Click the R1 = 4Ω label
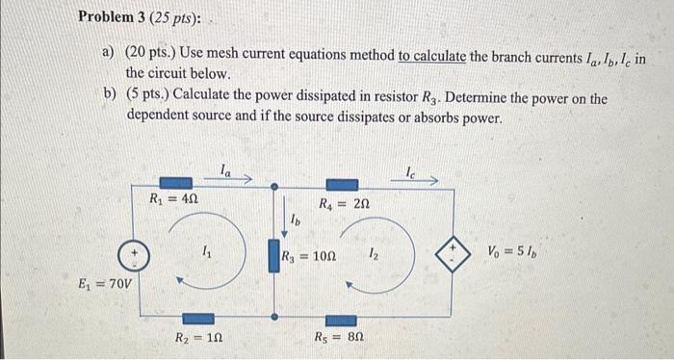point(174,200)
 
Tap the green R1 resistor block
point(174,182)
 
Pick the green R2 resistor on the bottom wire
point(199,317)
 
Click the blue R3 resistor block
point(273,257)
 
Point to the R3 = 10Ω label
point(308,257)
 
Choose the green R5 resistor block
point(343,317)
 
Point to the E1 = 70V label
point(107,285)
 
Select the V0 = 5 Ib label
point(520,255)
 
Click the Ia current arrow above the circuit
point(235,177)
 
